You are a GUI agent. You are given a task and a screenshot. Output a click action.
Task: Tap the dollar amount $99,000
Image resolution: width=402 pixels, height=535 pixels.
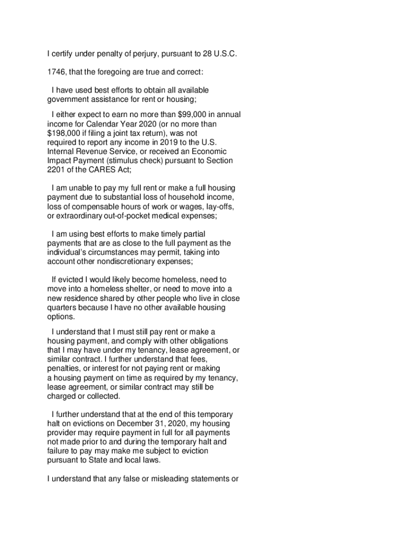click(x=193, y=114)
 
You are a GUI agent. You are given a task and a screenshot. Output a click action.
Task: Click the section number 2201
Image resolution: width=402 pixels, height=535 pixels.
click(x=56, y=169)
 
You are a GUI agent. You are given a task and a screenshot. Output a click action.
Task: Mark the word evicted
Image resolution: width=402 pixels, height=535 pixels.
click(x=73, y=280)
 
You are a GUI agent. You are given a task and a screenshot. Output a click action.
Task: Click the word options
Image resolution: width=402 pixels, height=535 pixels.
click(x=61, y=317)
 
